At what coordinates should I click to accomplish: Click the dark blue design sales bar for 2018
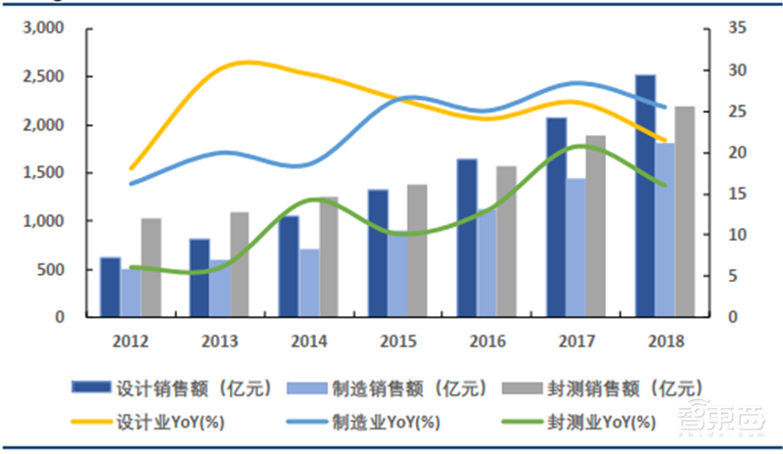[644, 196]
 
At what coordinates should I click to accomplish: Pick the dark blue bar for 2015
[377, 253]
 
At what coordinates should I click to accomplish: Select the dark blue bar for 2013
[199, 278]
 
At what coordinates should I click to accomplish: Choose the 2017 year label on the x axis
[577, 341]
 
